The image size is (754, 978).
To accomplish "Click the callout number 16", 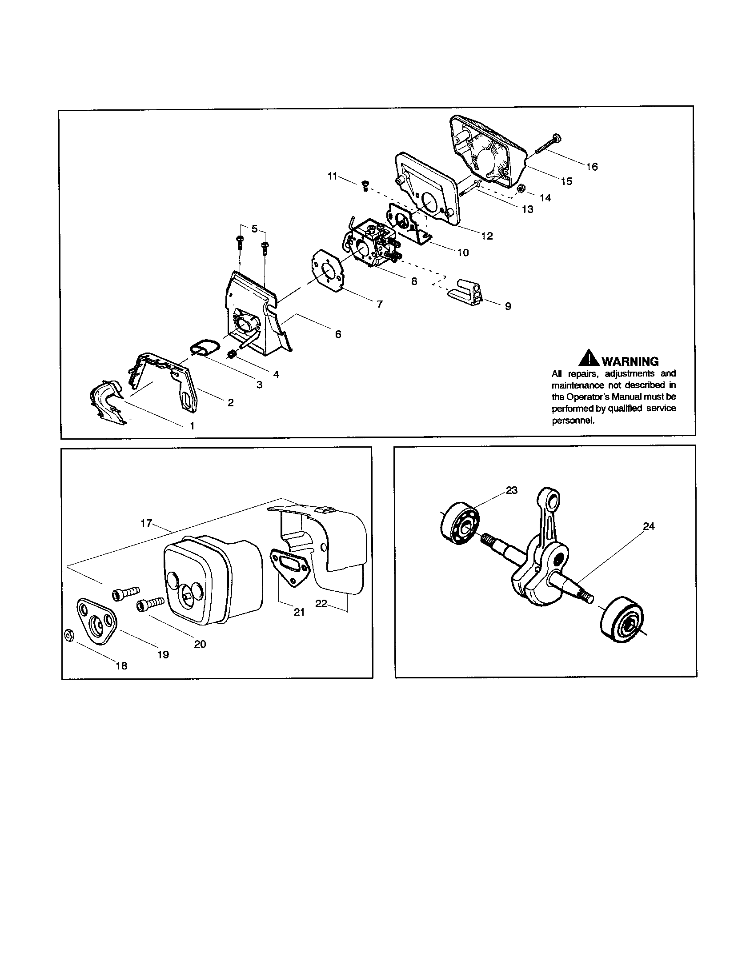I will pos(592,167).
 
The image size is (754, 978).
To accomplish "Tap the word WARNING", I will pos(630,361).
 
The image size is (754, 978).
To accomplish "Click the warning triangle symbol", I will pos(589,359).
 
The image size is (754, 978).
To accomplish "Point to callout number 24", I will pos(648,527).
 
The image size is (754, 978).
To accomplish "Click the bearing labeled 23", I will pos(460,523).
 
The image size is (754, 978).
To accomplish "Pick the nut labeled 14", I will pos(521,189).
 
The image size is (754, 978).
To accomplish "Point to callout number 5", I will pos(254,229).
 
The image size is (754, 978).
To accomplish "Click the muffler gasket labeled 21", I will pos(290,568).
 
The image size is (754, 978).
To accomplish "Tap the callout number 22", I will pos(321,604).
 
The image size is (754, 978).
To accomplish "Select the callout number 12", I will pos(487,236).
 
